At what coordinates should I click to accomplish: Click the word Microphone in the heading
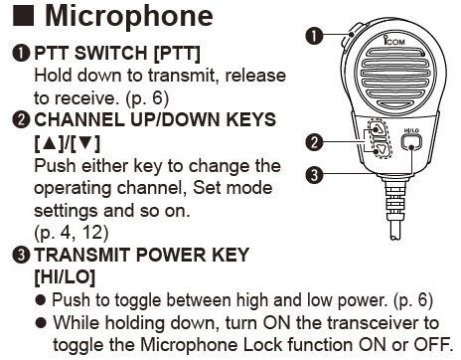[129, 16]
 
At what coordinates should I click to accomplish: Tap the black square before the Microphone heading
[23, 16]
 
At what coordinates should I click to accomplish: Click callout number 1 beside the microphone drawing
[314, 36]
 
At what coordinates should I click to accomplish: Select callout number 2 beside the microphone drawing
[314, 142]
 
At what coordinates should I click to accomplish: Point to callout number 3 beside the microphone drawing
[314, 175]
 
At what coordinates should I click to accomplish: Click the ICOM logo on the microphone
[393, 41]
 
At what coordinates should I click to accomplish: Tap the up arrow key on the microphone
[378, 127]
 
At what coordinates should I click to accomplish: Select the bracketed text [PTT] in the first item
[177, 53]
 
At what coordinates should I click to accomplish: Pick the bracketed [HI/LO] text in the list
[65, 276]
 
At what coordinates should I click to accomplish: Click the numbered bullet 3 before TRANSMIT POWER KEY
[21, 256]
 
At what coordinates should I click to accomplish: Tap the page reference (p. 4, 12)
[72, 233]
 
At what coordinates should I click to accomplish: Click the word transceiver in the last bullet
[366, 322]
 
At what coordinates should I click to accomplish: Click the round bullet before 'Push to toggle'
[41, 300]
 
